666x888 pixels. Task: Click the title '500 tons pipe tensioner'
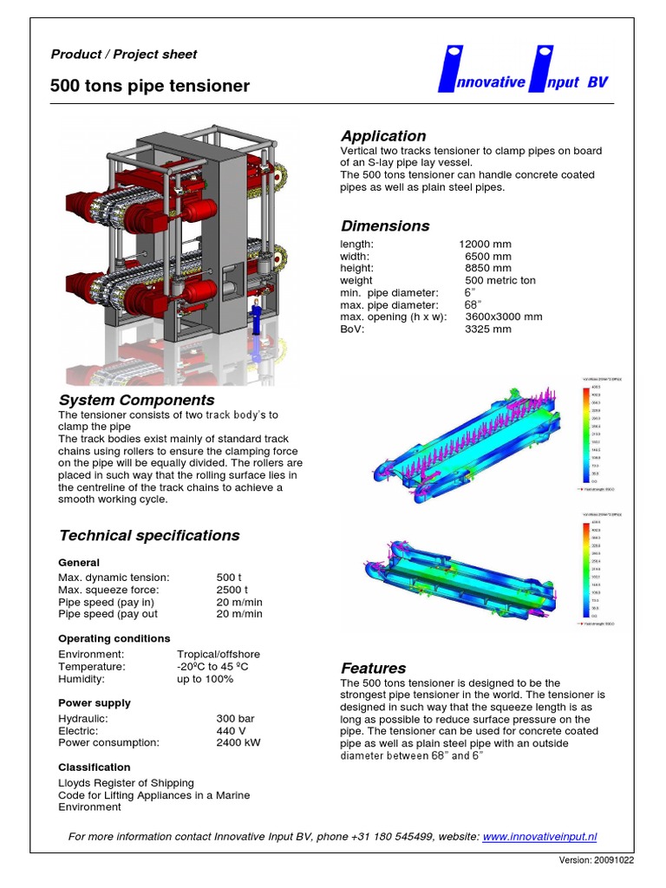point(150,86)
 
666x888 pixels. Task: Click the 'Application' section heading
point(383,136)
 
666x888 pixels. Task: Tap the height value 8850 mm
point(488,269)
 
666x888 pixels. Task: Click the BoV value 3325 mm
point(488,330)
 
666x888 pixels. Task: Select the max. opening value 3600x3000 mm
point(504,317)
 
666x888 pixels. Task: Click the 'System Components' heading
point(136,401)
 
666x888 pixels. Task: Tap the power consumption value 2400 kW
point(238,743)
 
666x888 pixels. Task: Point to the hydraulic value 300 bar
point(235,719)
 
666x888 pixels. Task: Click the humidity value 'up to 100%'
point(206,679)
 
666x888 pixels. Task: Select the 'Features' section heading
point(373,669)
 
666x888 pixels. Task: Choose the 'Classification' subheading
point(95,767)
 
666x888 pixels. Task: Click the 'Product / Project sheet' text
point(124,55)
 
